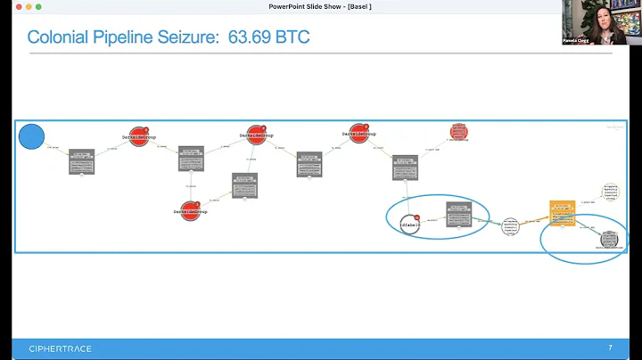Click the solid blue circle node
pyautogui.click(x=32, y=137)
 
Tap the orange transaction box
pyautogui.click(x=562, y=212)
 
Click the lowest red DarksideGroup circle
pyautogui.click(x=190, y=210)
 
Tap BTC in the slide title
pyautogui.click(x=293, y=37)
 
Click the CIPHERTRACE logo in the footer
pyautogui.click(x=60, y=348)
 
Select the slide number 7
pyautogui.click(x=609, y=348)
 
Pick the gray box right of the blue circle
pyautogui.click(x=81, y=161)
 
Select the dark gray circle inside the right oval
pyautogui.click(x=610, y=239)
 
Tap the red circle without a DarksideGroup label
pyautogui.click(x=459, y=133)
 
